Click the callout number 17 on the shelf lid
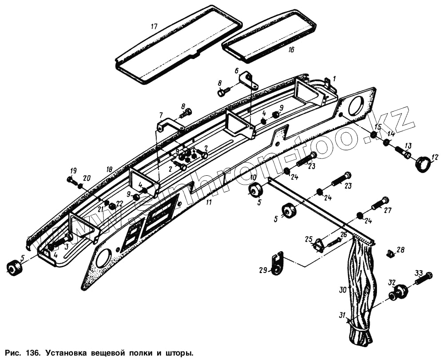pyautogui.click(x=154, y=27)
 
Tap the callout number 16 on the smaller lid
pyautogui.click(x=291, y=50)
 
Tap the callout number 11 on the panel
pyautogui.click(x=208, y=202)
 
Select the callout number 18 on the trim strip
pyautogui.click(x=109, y=170)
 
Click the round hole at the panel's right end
pyautogui.click(x=356, y=106)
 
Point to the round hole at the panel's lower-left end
pyautogui.click(x=103, y=258)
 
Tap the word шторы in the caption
pyautogui.click(x=181, y=354)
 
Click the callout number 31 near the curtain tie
pyautogui.click(x=342, y=316)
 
